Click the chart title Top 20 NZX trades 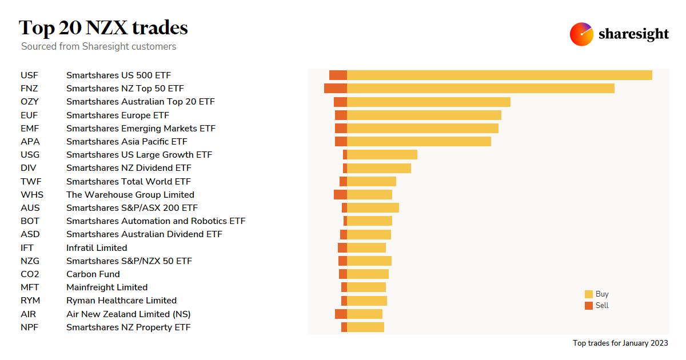103,27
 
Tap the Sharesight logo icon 581,34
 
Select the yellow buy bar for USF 499,75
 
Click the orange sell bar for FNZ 335,88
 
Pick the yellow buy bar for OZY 428,102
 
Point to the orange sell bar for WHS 340,194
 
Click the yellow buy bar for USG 382,155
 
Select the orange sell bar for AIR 341,314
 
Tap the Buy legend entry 596,294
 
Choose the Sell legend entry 596,306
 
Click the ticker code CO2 30,274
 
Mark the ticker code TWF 30,181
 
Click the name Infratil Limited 97,247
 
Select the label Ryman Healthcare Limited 121,301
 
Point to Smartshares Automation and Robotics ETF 155,221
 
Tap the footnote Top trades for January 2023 620,343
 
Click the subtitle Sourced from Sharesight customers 98,46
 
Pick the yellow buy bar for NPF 365,327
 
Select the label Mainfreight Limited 107,287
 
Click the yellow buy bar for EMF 422,128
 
